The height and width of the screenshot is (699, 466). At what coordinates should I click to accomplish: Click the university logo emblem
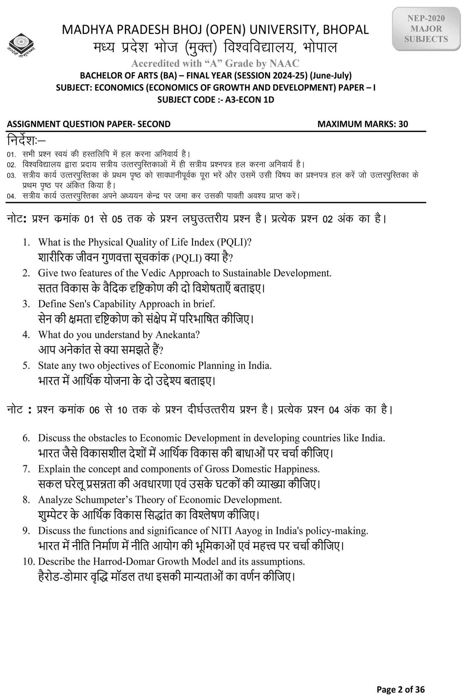coord(21,45)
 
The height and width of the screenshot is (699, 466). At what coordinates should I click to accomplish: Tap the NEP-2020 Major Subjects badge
coord(426,29)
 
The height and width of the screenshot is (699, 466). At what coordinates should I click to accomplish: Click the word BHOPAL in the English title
coord(346,30)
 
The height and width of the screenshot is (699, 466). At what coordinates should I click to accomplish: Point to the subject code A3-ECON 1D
coord(249,100)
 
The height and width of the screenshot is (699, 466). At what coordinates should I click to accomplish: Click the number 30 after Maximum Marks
coord(403,124)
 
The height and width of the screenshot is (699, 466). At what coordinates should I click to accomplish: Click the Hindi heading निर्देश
coord(26,140)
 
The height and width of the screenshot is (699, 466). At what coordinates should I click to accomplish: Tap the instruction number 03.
coord(11,175)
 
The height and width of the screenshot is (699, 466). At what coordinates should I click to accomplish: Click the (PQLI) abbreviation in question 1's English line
coord(234,242)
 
